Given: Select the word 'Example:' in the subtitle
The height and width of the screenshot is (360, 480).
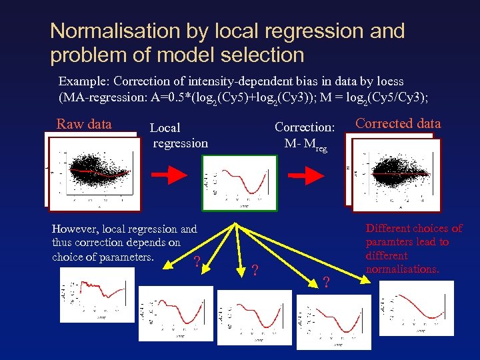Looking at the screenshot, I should (84, 81).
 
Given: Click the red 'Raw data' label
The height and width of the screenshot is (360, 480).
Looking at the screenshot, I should (84, 123).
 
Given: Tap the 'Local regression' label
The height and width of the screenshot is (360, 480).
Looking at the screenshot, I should (179, 135).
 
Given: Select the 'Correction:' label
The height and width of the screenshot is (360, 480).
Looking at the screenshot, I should (304, 127).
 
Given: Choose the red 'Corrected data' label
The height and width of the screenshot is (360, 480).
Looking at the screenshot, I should (398, 123).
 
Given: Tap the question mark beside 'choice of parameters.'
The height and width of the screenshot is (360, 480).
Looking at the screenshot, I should (196, 261).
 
